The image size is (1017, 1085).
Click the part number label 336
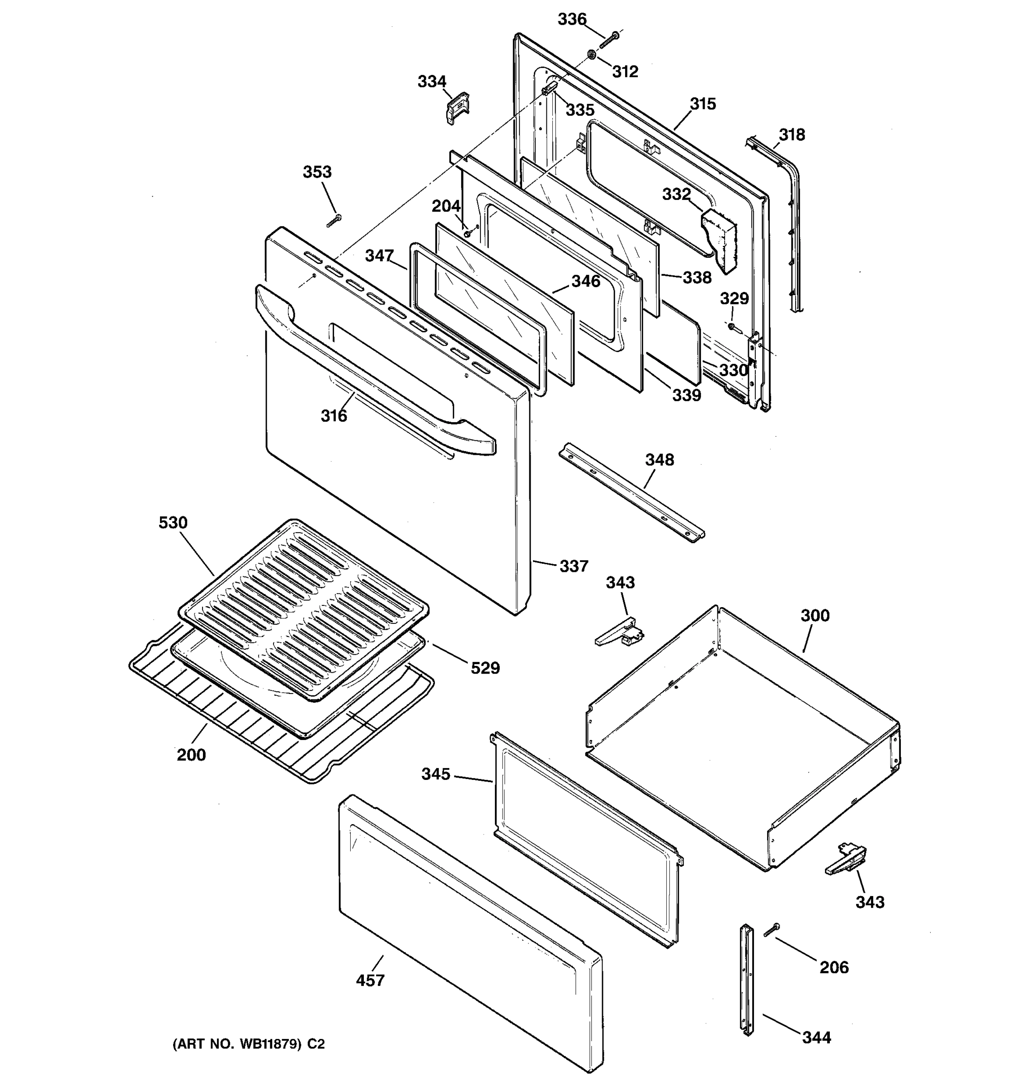(x=572, y=19)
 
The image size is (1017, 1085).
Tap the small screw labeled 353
(x=334, y=221)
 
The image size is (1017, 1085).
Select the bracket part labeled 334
(x=458, y=108)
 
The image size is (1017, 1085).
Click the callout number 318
(x=791, y=134)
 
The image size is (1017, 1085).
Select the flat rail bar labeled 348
(x=631, y=492)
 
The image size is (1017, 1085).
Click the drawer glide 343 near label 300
(x=619, y=632)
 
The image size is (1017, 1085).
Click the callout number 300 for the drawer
(x=815, y=615)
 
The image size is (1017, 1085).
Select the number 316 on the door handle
(x=334, y=416)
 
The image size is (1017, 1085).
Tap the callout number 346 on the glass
(x=585, y=281)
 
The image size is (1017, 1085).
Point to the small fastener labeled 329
(x=732, y=326)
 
